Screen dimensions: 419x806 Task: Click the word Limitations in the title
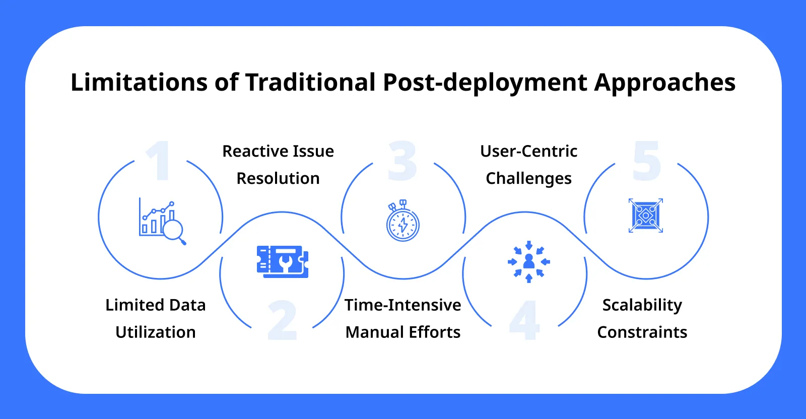click(139, 82)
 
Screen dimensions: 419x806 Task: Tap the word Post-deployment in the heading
click(485, 83)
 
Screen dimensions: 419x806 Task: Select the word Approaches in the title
click(664, 83)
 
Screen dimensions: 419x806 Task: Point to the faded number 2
click(282, 320)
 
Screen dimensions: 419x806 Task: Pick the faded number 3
click(402, 161)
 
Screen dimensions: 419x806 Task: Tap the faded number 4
click(524, 320)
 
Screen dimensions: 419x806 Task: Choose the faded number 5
click(646, 161)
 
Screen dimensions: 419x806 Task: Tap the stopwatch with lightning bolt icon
click(402, 221)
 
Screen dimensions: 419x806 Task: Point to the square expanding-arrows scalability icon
click(646, 216)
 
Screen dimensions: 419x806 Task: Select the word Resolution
click(278, 178)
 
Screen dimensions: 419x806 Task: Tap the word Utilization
click(155, 332)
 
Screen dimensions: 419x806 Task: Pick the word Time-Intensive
click(402, 305)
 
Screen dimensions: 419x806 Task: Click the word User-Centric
click(528, 151)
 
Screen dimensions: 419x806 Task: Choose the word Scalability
click(642, 305)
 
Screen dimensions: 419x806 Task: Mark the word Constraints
click(642, 332)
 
